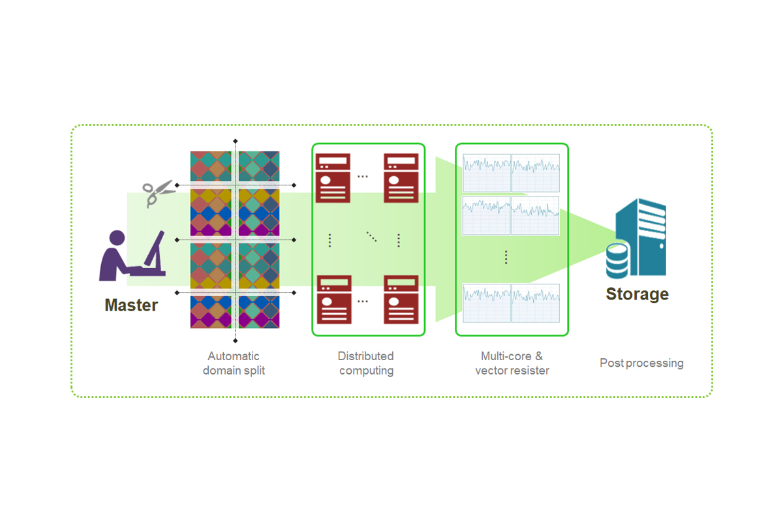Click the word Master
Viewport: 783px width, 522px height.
(131, 305)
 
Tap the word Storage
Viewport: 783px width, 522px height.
(637, 294)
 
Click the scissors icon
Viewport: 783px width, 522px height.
(159, 193)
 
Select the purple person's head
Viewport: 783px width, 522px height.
(117, 238)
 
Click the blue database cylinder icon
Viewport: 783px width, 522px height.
(617, 261)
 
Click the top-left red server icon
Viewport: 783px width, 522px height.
(333, 178)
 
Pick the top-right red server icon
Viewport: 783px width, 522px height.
(401, 178)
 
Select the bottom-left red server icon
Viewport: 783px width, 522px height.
(334, 299)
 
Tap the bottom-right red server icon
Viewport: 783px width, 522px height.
(401, 299)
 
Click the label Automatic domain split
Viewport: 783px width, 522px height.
(234, 363)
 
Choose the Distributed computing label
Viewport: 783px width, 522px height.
(366, 363)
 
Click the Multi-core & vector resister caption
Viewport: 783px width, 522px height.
(512, 363)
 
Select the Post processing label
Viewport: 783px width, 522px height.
(641, 363)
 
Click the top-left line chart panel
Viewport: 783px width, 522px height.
(487, 173)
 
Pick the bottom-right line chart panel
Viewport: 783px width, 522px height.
(535, 303)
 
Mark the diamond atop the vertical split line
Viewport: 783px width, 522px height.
(236, 141)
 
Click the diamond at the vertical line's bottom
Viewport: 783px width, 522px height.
(236, 341)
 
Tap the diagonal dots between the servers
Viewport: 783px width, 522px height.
(371, 237)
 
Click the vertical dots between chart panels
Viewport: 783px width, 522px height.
(506, 257)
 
